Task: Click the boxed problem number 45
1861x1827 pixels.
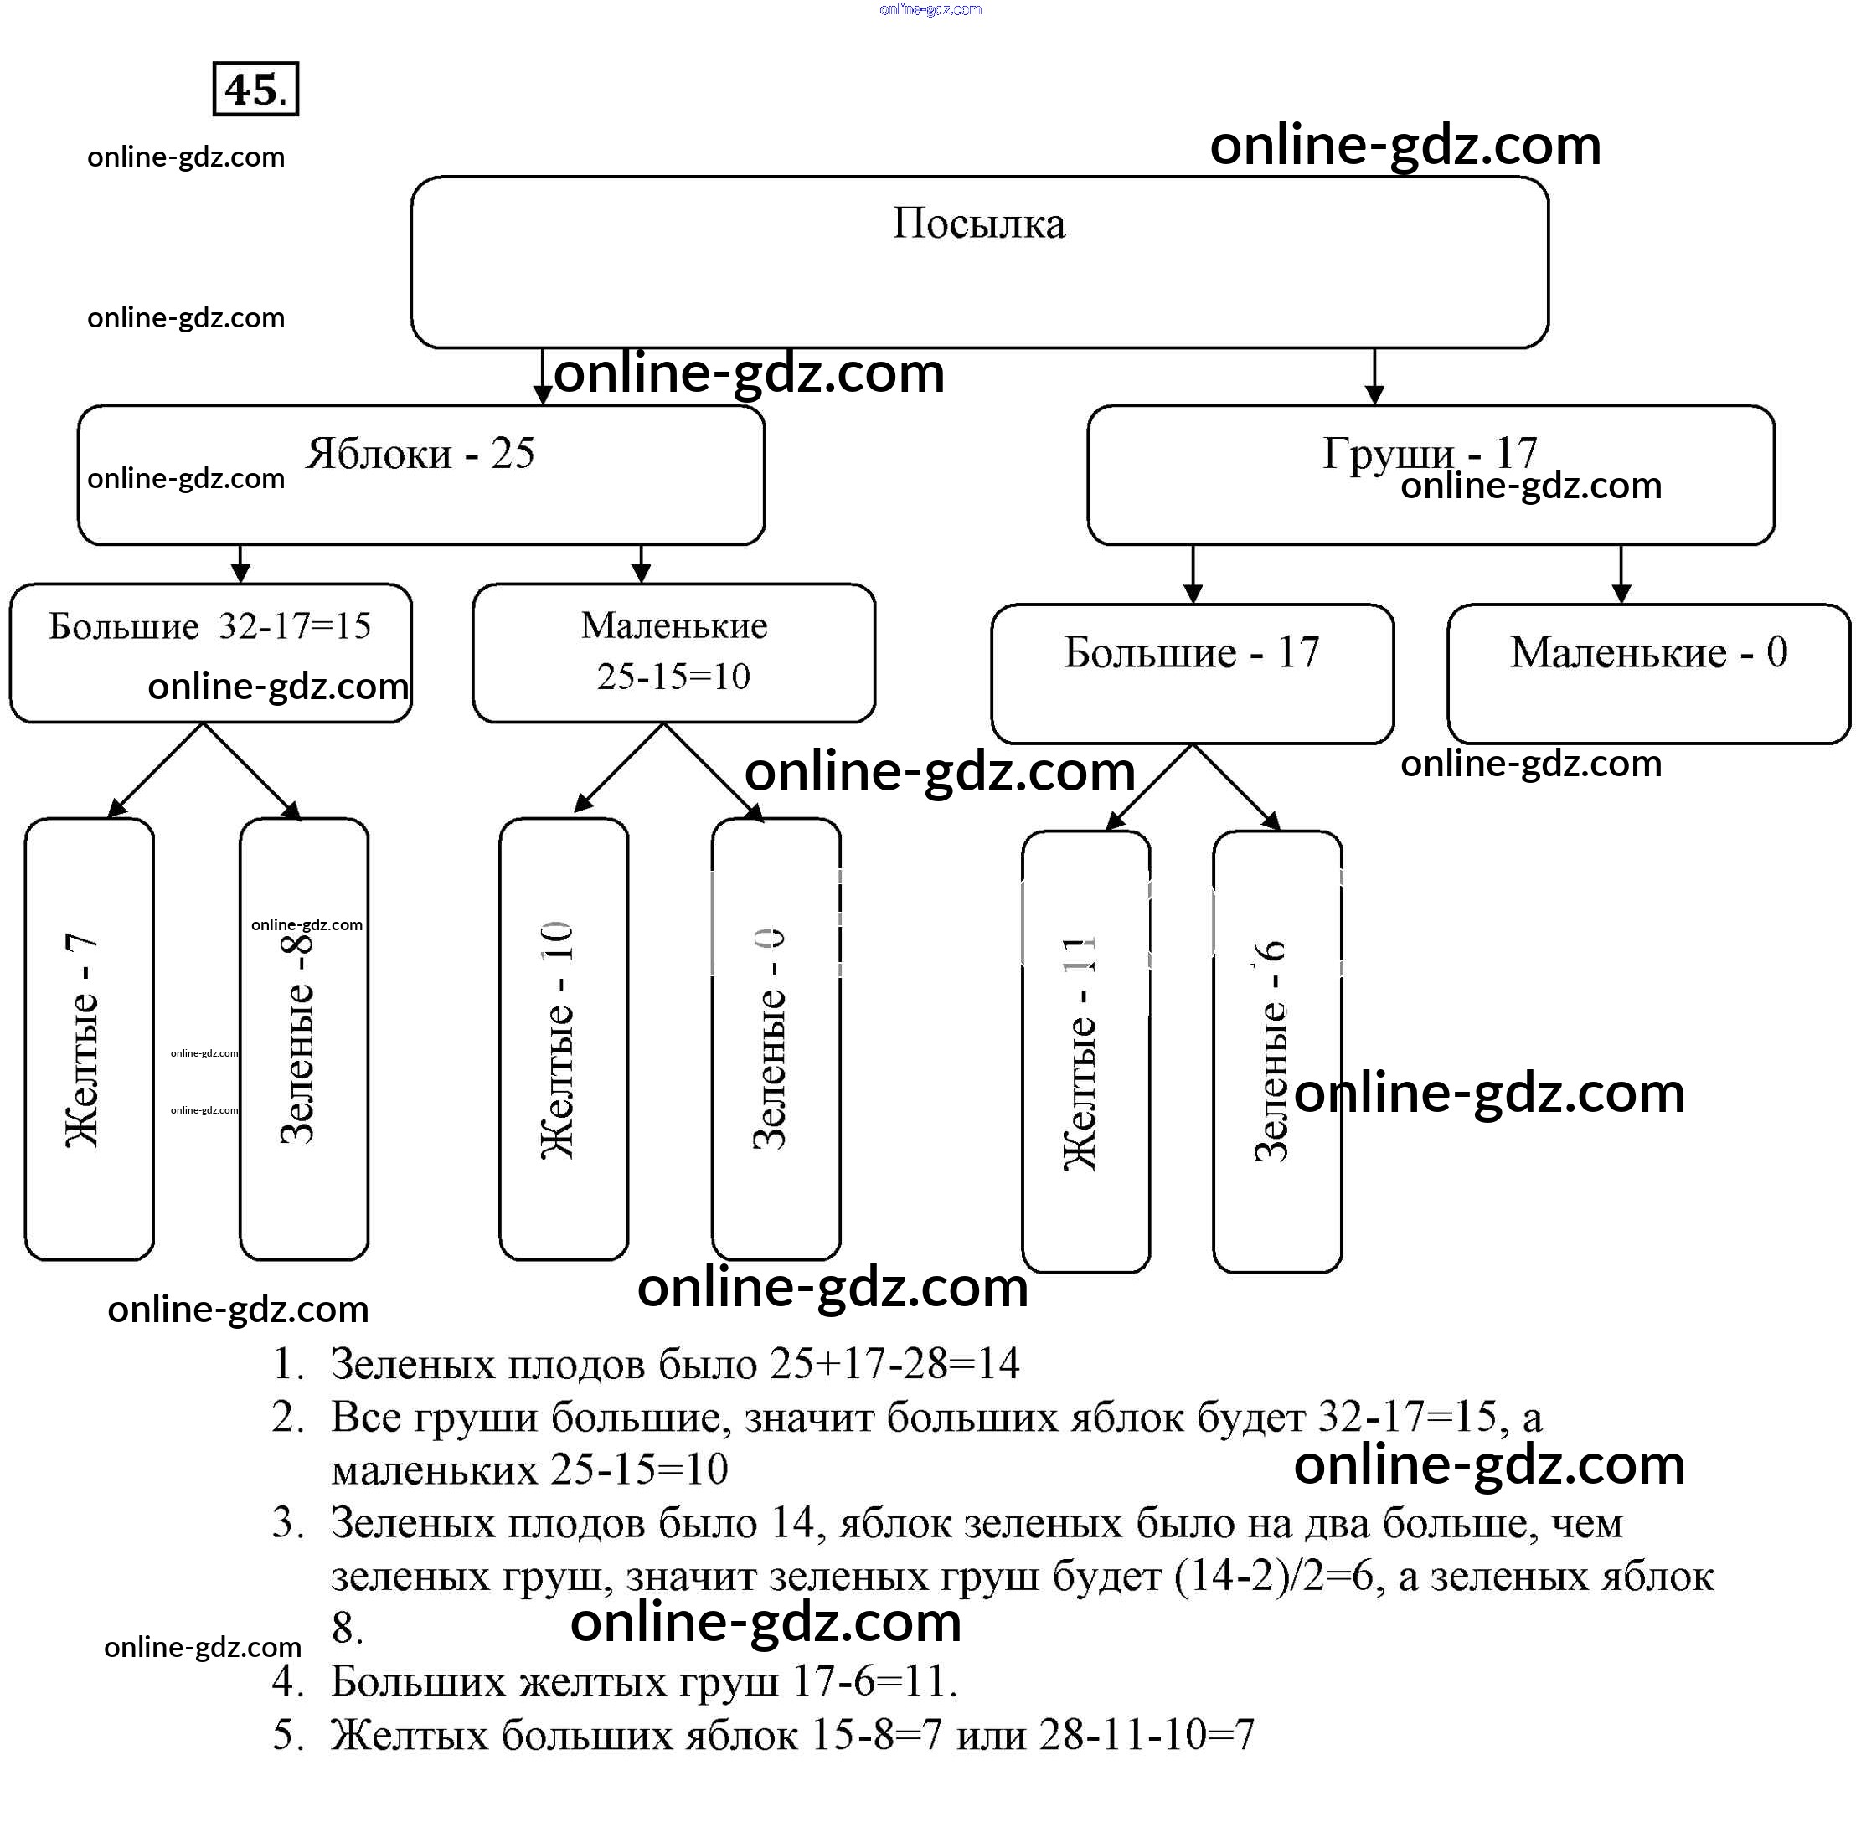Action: (x=255, y=90)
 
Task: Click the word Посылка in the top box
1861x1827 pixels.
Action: (x=979, y=224)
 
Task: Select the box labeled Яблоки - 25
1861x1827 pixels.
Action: (x=420, y=475)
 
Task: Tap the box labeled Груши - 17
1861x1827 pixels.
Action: (x=1430, y=475)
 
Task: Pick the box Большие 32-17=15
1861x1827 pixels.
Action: (x=210, y=652)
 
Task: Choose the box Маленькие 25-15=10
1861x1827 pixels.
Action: (x=673, y=652)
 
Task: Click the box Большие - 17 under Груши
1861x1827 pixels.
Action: (x=1192, y=672)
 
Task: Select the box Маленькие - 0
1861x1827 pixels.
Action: (x=1648, y=672)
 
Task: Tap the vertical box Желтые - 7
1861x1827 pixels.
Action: (x=90, y=1038)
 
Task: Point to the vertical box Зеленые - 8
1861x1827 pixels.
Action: (x=303, y=1038)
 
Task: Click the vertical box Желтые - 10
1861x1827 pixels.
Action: (x=564, y=1038)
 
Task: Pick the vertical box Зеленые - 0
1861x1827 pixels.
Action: (x=776, y=1038)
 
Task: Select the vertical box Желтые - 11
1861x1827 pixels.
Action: (x=1085, y=1051)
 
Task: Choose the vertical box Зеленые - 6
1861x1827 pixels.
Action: (x=1276, y=1051)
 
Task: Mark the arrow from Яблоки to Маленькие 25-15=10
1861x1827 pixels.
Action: (x=641, y=564)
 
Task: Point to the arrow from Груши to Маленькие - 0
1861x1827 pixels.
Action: (x=1621, y=574)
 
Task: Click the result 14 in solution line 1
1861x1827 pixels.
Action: (x=998, y=1363)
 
